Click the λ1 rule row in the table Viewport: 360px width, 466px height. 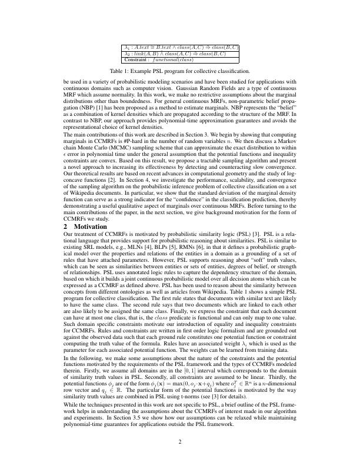tap(180, 47)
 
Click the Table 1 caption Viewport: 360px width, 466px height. tap(180, 71)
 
